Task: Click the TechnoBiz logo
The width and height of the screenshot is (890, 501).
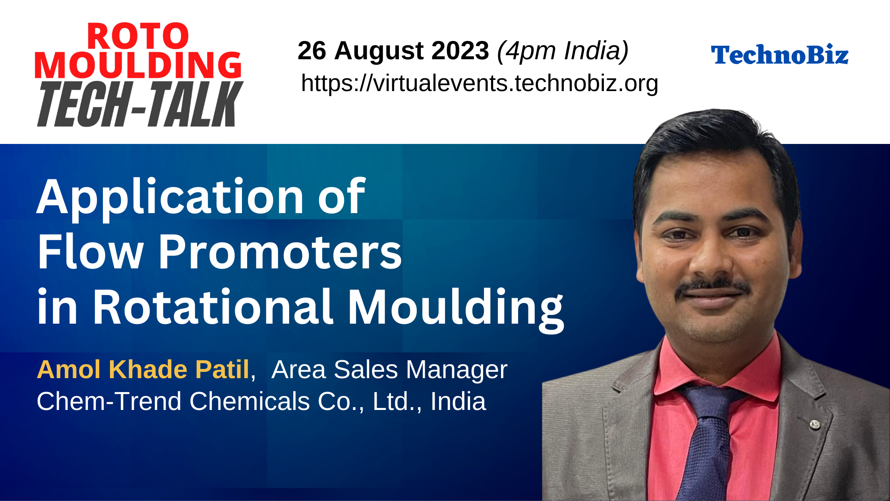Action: pyautogui.click(x=780, y=54)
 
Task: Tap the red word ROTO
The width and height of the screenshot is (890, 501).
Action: pyautogui.click(x=138, y=37)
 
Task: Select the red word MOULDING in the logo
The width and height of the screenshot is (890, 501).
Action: pyautogui.click(x=138, y=65)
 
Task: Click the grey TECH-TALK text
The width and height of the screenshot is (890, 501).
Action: pyautogui.click(x=140, y=104)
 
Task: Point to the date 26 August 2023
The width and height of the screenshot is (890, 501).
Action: pyautogui.click(x=393, y=50)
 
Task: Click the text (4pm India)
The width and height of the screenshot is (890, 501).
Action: pyautogui.click(x=563, y=51)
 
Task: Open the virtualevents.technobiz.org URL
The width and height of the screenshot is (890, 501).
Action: pyautogui.click(x=480, y=83)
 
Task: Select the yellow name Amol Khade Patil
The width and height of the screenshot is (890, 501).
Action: pyautogui.click(x=143, y=369)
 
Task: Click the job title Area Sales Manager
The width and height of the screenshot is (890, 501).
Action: pyautogui.click(x=389, y=370)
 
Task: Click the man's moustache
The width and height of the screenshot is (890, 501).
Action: pyautogui.click(x=714, y=286)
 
